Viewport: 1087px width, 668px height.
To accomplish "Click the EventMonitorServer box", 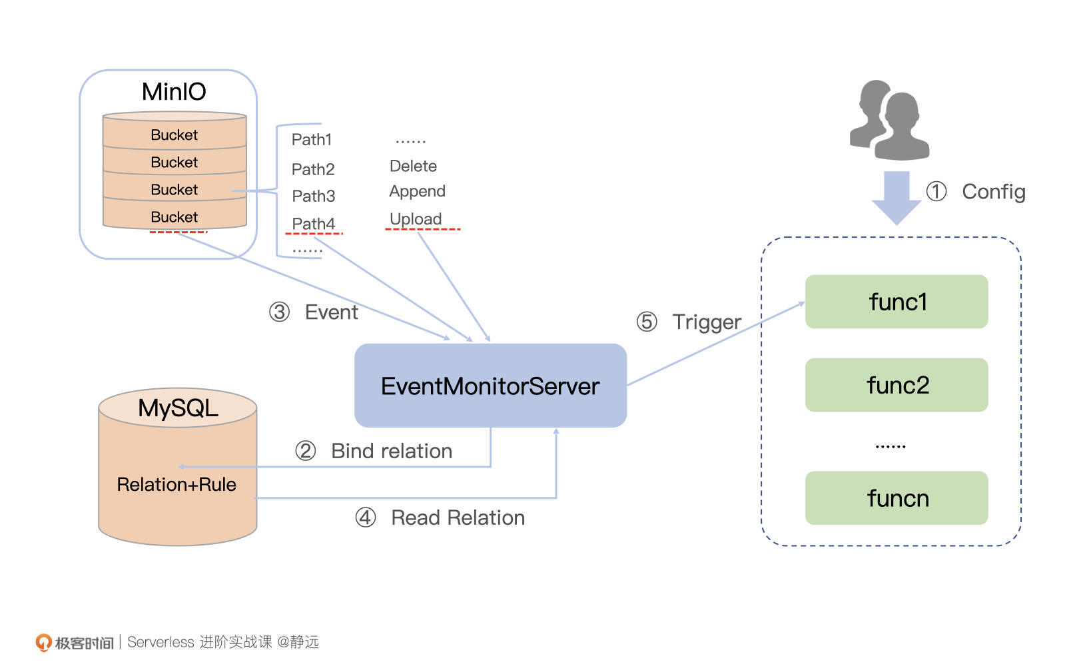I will [490, 386].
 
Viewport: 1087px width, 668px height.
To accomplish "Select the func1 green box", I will [897, 302].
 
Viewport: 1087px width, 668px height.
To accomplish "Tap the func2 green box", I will [897, 385].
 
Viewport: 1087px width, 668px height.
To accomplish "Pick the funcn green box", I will [897, 498].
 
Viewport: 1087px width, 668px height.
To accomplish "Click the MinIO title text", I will [174, 92].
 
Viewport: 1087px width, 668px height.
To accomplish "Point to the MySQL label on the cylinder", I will [178, 408].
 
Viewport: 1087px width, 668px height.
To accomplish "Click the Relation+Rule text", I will [177, 484].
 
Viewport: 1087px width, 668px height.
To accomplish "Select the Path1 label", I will [312, 140].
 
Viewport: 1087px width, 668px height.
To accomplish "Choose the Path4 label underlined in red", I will [314, 224].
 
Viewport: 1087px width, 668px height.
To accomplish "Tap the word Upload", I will [416, 219].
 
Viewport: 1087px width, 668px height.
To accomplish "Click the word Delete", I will [413, 166].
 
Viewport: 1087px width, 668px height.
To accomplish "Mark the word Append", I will [417, 191].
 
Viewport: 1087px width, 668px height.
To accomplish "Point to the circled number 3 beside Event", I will [280, 312].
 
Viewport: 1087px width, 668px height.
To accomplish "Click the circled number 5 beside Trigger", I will [647, 322].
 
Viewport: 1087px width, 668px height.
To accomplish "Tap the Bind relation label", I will [392, 451].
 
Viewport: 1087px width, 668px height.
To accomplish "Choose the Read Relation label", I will [458, 517].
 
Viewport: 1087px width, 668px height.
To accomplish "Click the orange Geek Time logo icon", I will [43, 642].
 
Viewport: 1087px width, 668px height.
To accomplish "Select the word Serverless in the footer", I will [161, 642].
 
